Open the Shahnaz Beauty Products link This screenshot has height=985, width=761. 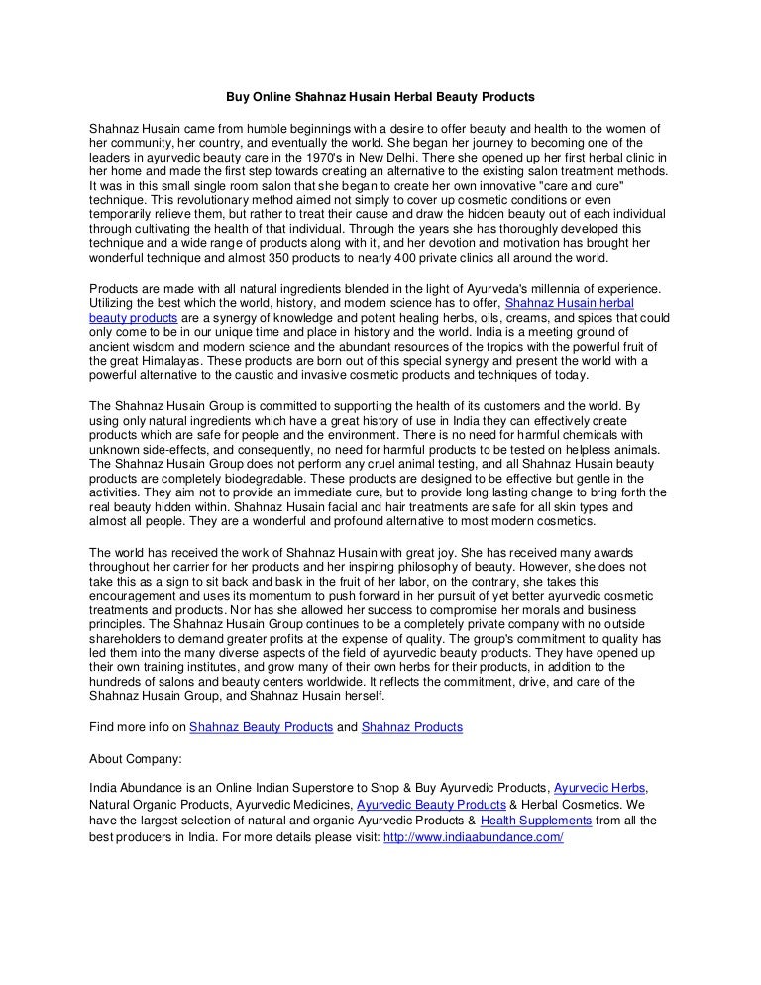point(261,727)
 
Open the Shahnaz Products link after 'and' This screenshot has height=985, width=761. point(411,727)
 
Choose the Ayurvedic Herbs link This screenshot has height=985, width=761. point(600,787)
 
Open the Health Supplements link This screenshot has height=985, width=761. point(535,821)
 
